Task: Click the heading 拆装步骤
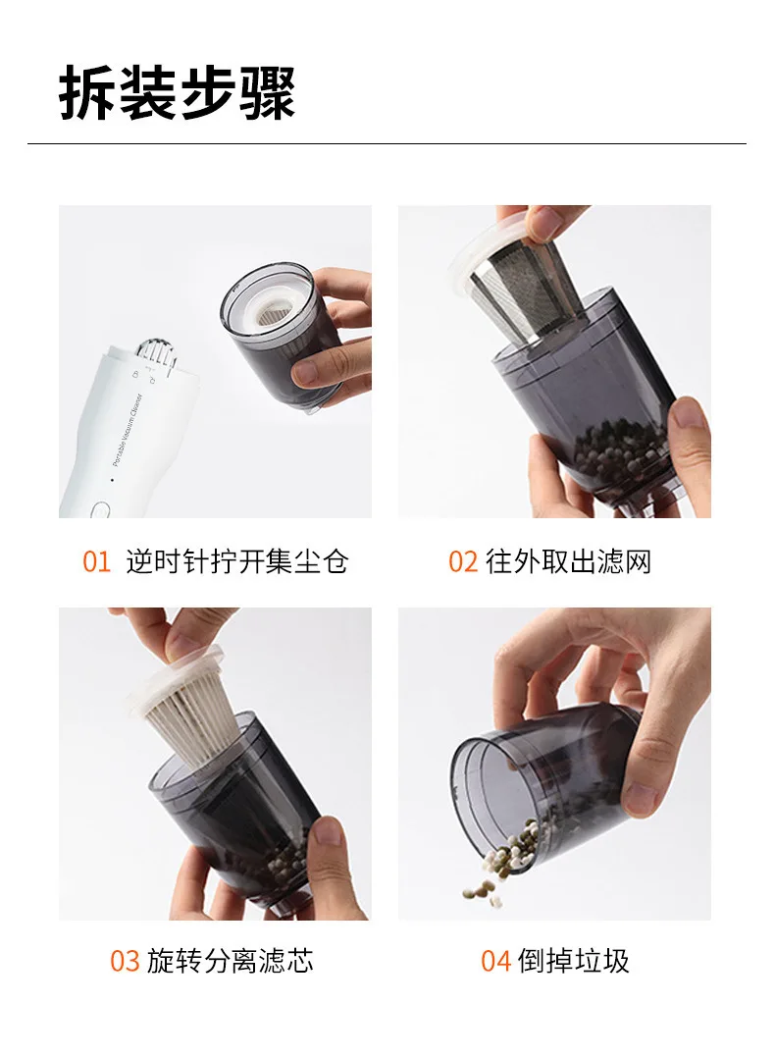(x=178, y=93)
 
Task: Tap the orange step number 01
(x=96, y=561)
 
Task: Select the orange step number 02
(x=463, y=561)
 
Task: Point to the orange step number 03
(x=125, y=961)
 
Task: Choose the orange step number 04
(x=496, y=961)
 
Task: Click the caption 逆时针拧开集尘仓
(x=237, y=561)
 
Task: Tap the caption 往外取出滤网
(x=568, y=561)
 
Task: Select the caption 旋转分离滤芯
(x=231, y=961)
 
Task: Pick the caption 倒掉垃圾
(x=574, y=961)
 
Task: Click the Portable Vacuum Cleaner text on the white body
(x=129, y=430)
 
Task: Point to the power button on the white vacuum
(x=100, y=510)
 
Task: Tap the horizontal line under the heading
(x=387, y=143)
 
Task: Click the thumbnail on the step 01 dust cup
(x=313, y=371)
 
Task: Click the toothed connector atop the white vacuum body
(x=156, y=353)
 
